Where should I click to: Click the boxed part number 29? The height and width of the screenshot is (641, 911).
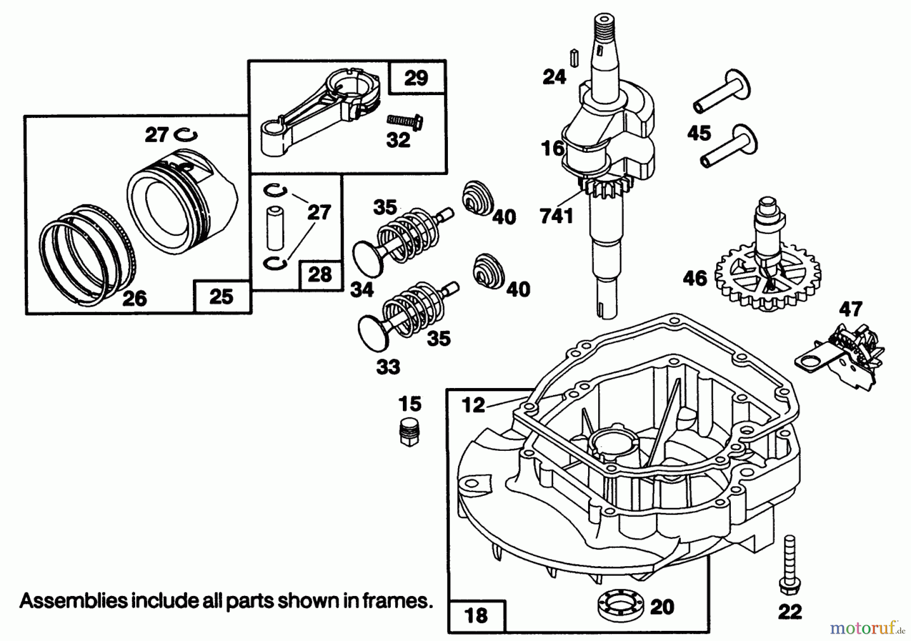(417, 78)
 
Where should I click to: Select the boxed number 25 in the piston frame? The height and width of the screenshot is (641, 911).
(222, 296)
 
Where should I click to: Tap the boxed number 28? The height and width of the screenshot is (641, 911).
(320, 275)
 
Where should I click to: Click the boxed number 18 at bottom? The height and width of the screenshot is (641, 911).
(476, 615)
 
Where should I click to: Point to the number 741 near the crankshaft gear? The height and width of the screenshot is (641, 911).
(556, 216)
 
